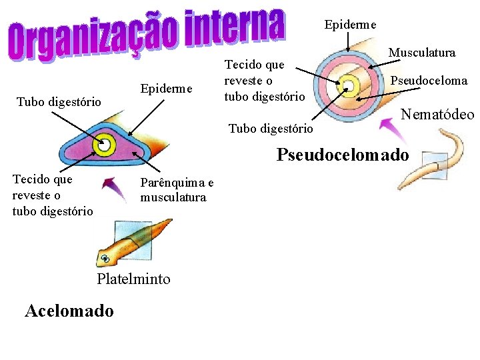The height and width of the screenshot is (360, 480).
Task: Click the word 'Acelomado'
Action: (69, 311)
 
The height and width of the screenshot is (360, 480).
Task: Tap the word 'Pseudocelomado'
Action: (343, 155)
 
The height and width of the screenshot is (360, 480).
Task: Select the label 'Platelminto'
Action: (133, 279)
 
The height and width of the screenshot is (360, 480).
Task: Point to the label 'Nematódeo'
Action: (437, 115)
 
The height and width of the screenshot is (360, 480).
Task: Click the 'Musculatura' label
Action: (422, 52)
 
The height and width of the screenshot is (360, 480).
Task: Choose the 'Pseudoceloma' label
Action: (429, 81)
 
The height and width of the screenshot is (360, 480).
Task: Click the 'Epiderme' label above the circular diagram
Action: (350, 25)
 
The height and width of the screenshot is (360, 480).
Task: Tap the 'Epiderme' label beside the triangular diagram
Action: (166, 89)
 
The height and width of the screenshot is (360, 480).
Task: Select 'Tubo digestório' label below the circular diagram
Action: (270, 128)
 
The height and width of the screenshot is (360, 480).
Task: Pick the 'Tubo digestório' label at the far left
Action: (59, 101)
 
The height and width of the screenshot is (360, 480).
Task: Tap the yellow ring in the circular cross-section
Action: (348, 84)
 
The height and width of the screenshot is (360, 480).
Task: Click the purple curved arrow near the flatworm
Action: (115, 189)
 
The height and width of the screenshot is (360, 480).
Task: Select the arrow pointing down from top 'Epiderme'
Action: (347, 42)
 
